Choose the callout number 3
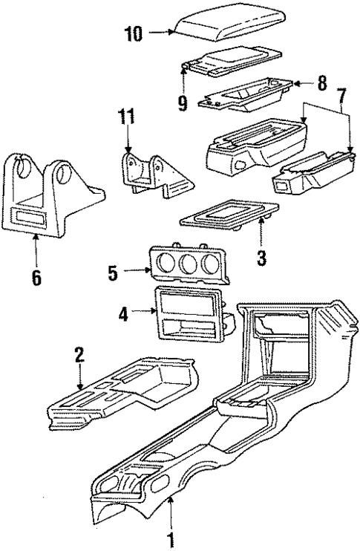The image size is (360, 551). tap(261, 258)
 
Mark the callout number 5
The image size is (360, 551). tap(113, 273)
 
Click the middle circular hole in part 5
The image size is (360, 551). tap(192, 265)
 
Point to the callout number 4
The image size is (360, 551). tap(123, 314)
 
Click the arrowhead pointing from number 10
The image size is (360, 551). tap(170, 32)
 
